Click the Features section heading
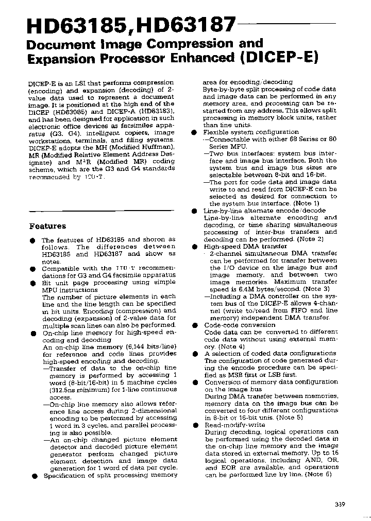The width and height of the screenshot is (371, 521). (x=47, y=226)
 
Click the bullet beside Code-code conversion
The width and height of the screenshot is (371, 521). (x=195, y=325)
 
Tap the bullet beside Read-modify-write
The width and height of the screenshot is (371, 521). (x=195, y=425)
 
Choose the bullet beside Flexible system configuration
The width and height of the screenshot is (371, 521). (x=195, y=132)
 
